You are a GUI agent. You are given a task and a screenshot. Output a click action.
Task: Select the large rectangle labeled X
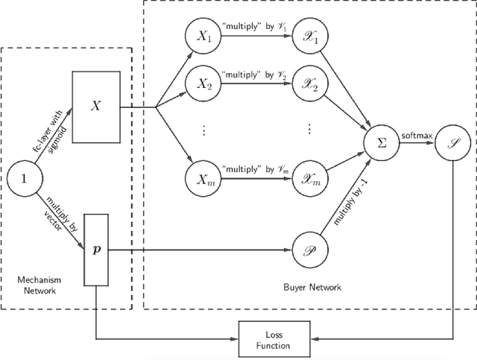click(95, 107)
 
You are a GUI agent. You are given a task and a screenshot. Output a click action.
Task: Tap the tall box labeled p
click(95, 247)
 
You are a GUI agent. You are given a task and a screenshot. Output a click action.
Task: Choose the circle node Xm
click(202, 179)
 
